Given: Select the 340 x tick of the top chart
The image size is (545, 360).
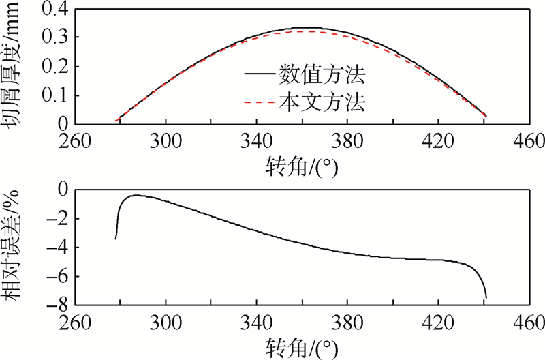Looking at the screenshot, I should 256,140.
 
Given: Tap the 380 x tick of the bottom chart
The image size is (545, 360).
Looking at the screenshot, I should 347,321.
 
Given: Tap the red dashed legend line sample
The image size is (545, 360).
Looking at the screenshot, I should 258,104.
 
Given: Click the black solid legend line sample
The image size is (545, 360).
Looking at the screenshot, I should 258,74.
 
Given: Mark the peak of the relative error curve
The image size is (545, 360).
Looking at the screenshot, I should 135,195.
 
